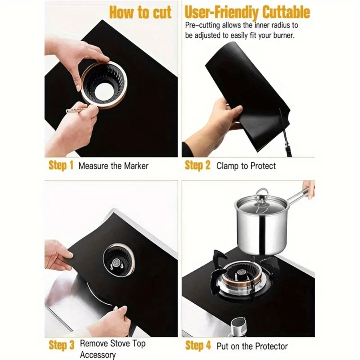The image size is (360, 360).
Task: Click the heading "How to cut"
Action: pos(140,12)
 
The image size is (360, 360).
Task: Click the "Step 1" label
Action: pos(61,165)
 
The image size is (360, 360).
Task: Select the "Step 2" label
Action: pos(198,165)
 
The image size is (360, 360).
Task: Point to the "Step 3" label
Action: pos(62,345)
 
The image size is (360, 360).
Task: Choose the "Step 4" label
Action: pos(198,345)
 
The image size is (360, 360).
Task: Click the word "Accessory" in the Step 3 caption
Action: pos(98,355)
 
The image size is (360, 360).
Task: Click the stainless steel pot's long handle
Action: pos(296,196)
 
